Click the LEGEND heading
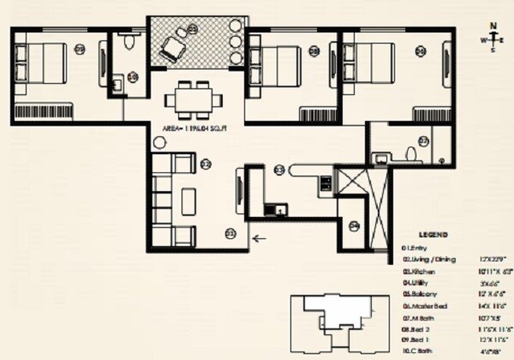click(x=433, y=233)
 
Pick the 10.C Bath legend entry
click(x=418, y=351)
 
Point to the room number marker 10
click(x=133, y=77)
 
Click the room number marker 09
click(x=80, y=49)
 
